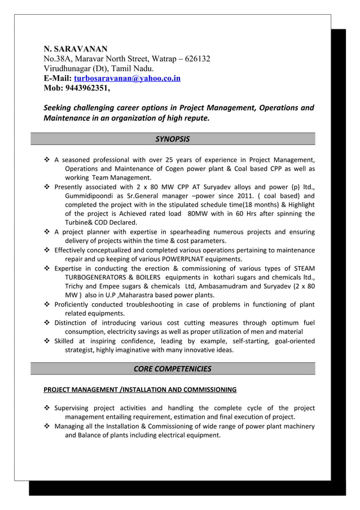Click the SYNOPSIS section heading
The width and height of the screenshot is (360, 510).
(x=172, y=139)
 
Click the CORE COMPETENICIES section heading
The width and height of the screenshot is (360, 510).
(x=172, y=369)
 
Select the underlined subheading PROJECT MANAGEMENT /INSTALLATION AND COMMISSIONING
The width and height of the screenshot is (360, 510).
(x=140, y=390)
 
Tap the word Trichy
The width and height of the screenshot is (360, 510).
(x=76, y=286)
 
